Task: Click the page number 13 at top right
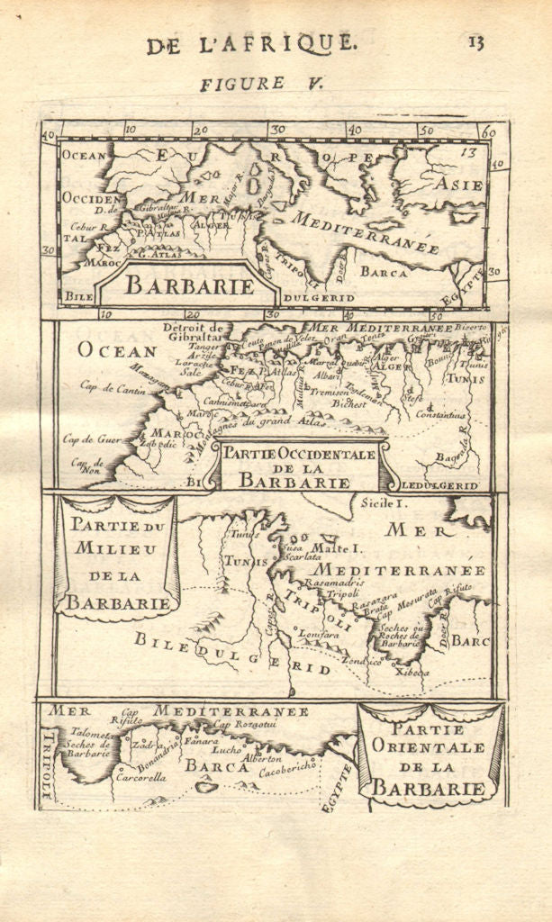[x=475, y=41]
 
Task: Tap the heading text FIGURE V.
[x=242, y=84]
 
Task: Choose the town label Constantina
[x=440, y=414]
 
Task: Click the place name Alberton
[x=263, y=758]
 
